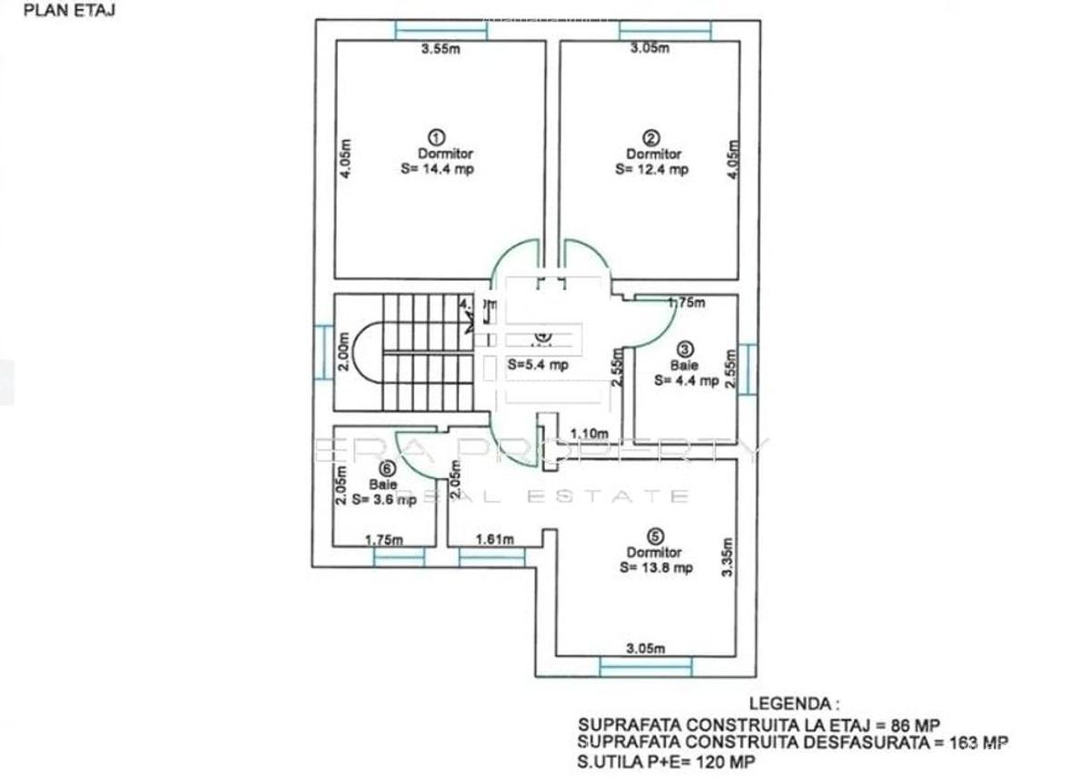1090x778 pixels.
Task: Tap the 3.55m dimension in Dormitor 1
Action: (441, 49)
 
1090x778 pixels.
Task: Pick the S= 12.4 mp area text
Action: (651, 168)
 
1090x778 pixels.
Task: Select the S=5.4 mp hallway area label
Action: (539, 365)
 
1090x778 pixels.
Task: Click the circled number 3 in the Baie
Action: (686, 348)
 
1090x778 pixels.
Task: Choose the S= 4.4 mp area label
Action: (686, 381)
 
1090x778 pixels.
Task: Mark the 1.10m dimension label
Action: (590, 434)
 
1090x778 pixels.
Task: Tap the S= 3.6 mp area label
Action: (384, 499)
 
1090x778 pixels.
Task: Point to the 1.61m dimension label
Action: (495, 539)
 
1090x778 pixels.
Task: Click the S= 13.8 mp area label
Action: (656, 567)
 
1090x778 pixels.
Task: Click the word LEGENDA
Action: (792, 703)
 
